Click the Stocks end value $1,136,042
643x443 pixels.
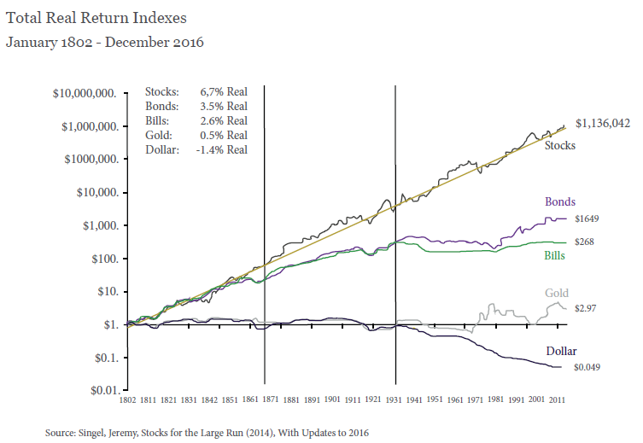[602, 124]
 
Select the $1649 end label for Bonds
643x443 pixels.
[587, 219]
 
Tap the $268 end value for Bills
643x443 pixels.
[584, 242]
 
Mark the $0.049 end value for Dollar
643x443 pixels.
[587, 367]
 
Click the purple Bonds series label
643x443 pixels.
[559, 202]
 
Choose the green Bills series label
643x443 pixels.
[554, 255]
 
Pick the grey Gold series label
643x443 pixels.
[556, 294]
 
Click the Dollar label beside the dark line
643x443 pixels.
[562, 351]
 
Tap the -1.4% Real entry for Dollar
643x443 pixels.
[225, 149]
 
